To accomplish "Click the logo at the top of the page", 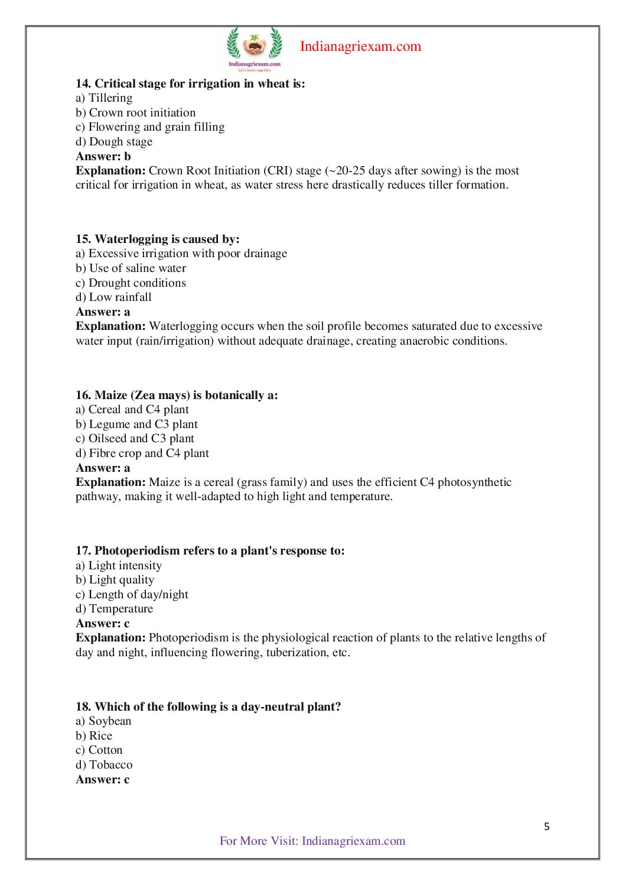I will [x=255, y=48].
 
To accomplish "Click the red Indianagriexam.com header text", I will [x=360, y=46].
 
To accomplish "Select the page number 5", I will [x=546, y=826].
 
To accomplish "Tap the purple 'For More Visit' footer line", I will [x=312, y=841].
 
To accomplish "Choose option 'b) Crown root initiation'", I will [x=135, y=112].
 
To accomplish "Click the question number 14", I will [x=83, y=83].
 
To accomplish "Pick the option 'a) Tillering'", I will [x=104, y=98].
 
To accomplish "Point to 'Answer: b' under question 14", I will [x=103, y=156].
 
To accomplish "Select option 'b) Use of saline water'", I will [x=131, y=268].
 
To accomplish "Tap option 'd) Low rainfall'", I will [x=113, y=297].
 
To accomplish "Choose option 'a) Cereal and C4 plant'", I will [x=132, y=409].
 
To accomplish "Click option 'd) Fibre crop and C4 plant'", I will [x=142, y=453].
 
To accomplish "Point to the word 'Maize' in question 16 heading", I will [x=110, y=395].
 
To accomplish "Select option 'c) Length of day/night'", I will [x=132, y=594].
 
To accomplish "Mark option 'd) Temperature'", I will [x=114, y=608].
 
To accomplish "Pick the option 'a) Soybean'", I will [x=103, y=721].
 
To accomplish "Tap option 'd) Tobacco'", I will [x=104, y=764].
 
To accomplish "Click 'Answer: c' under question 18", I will [x=103, y=779].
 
